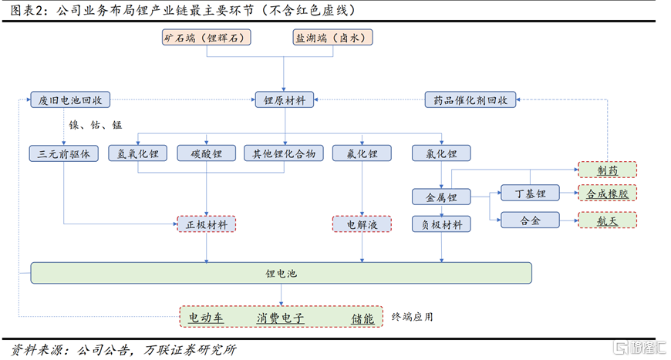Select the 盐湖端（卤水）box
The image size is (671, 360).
[332, 37]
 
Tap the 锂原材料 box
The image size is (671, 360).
[285, 99]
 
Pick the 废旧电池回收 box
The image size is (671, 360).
[72, 99]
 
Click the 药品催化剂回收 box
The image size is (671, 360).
[470, 99]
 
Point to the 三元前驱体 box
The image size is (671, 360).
[64, 153]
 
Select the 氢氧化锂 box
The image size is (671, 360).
[138, 153]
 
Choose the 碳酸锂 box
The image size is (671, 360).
[206, 153]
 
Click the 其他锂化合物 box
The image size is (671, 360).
[284, 153]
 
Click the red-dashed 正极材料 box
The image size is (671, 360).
[206, 224]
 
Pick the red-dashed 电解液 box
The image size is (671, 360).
[361, 224]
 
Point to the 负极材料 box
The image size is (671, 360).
[441, 224]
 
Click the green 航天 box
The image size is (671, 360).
[607, 220]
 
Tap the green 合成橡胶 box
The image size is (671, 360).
[607, 194]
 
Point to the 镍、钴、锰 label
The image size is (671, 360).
[96, 125]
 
